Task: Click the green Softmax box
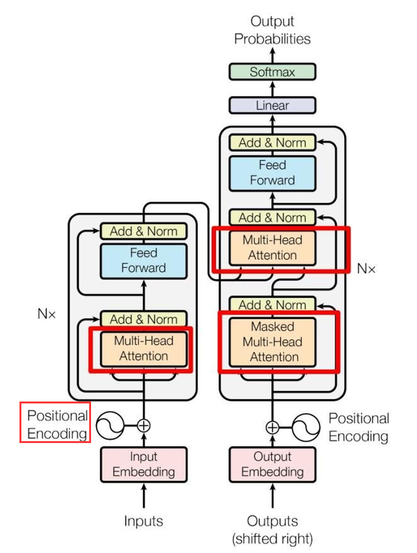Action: coord(272,72)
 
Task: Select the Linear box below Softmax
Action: coord(272,106)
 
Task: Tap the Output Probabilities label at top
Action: coord(272,31)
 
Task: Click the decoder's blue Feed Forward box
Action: coord(272,173)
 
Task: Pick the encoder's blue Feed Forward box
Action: coord(144,260)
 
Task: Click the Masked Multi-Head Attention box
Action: coord(272,342)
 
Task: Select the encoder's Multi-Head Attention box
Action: coord(144,348)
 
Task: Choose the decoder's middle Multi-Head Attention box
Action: coord(272,247)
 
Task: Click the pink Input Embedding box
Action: coord(144,464)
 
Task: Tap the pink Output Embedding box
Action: coord(272,464)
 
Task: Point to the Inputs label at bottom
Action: coord(144,521)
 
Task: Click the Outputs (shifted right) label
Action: coord(272,529)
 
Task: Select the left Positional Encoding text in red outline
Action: coord(56,424)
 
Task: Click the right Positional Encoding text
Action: coord(359,427)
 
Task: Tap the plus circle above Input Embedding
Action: coord(144,425)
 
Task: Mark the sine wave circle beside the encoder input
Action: coord(108,425)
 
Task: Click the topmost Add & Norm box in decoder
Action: coord(272,143)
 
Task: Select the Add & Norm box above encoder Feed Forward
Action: coord(144,230)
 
